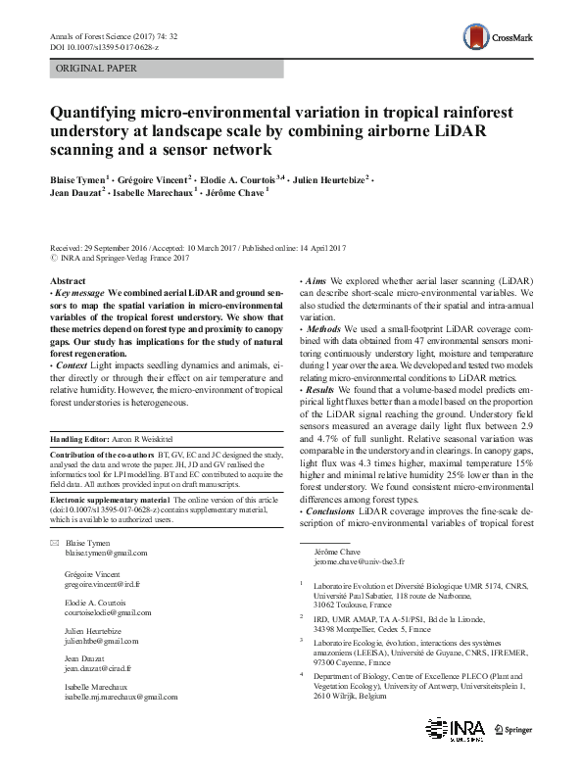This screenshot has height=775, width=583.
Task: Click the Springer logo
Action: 514,728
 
